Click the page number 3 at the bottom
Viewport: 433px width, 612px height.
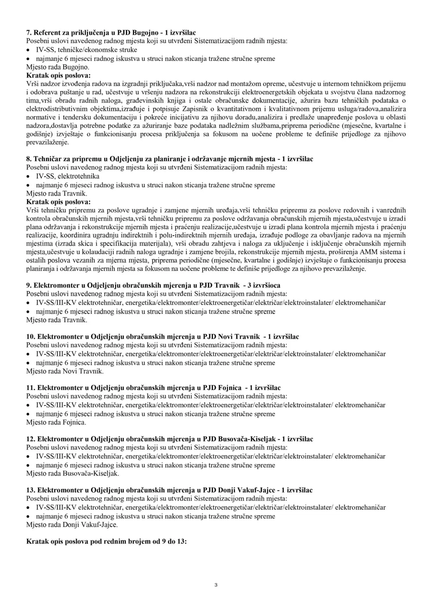pyautogui.click(x=216, y=585)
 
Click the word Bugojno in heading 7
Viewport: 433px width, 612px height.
pyautogui.click(x=143, y=33)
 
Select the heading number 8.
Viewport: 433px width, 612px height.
pyautogui.click(x=28, y=159)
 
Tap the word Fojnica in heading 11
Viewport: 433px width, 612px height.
pyautogui.click(x=229, y=388)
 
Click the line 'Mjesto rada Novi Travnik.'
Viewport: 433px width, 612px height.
pyautogui.click(x=65, y=371)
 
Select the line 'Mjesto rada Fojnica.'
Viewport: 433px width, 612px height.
pyautogui.click(x=56, y=423)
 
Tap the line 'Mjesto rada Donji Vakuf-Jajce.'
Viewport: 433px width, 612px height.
pyautogui.click(x=72, y=525)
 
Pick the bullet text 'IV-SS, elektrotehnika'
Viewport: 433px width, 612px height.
pyautogui.click(x=68, y=176)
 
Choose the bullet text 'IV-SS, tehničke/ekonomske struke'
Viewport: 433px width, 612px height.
pyautogui.click(x=86, y=50)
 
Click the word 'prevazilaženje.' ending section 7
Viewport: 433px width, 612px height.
pyautogui.click(x=47, y=142)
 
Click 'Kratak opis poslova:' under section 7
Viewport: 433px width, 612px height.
pyautogui.click(x=58, y=76)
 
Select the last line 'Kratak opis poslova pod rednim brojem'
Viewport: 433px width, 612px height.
pyautogui.click(x=106, y=542)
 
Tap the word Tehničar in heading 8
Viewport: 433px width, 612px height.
pyautogui.click(x=47, y=159)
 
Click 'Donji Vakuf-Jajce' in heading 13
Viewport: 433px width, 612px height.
pyautogui.click(x=246, y=491)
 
